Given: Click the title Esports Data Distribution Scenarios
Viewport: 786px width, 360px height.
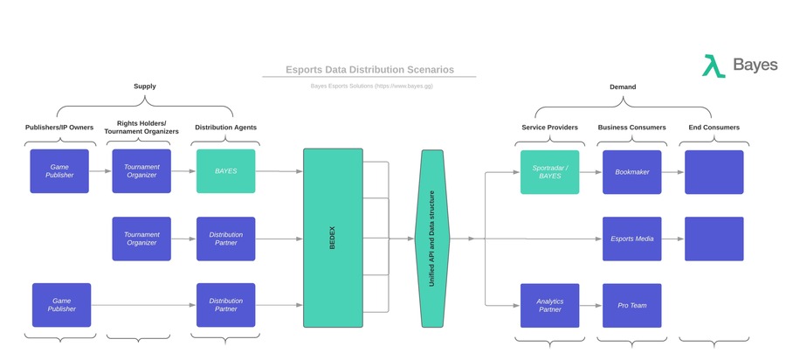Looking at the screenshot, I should coord(369,70).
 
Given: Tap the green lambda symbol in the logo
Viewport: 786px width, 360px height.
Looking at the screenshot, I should coord(714,66).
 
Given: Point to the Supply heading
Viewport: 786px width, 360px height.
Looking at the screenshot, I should coord(145,87).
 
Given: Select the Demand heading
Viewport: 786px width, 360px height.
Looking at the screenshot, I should coord(622,87).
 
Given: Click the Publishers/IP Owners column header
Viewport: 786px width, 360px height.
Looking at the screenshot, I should coord(59,128).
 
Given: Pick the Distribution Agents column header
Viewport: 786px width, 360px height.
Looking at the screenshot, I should coord(225,128).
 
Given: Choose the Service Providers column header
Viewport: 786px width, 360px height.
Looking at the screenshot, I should coord(549,128).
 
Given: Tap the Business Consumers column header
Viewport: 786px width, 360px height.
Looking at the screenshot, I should coord(631,128).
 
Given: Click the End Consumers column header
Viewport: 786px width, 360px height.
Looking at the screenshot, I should coord(714,128).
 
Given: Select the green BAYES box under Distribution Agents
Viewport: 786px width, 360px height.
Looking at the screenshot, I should coord(225,172).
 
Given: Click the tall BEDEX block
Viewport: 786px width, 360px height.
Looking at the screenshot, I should coord(332,238).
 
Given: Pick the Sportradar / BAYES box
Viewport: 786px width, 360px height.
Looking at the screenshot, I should coord(549,172).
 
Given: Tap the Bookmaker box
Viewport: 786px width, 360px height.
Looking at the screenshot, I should coord(631,172).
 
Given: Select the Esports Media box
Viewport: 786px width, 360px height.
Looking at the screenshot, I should coord(631,239).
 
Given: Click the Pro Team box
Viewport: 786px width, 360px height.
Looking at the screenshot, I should coord(631,305).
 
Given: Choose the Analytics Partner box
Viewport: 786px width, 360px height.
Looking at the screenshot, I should coord(549,305).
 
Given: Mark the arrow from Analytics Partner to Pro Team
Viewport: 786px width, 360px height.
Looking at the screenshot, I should coord(590,305).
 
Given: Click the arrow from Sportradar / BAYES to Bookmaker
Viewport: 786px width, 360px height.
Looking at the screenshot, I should coord(590,172).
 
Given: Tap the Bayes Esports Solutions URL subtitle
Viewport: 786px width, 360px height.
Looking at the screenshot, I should coord(369,87).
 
